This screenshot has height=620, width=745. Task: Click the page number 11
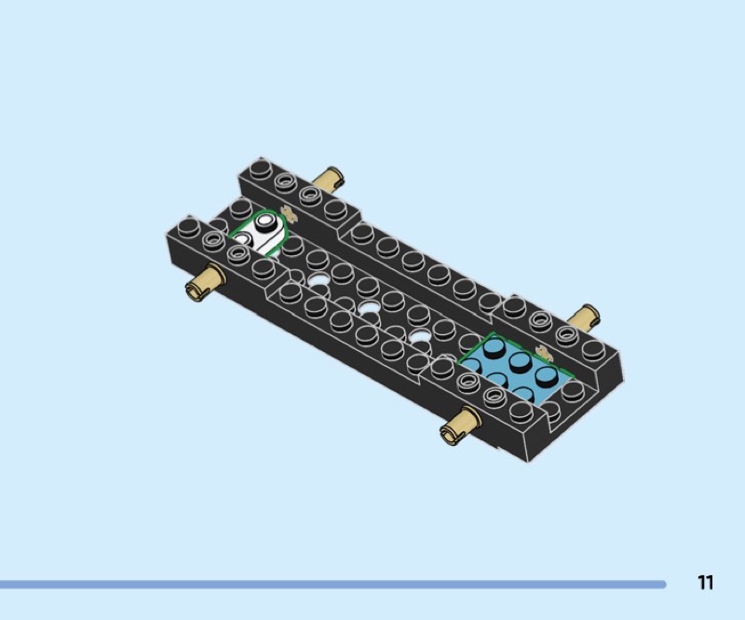click(x=706, y=582)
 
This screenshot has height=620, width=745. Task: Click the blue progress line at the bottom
click(x=332, y=584)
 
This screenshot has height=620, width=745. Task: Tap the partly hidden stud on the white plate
click(x=242, y=237)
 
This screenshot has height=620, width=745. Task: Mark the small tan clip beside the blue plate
click(x=543, y=353)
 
